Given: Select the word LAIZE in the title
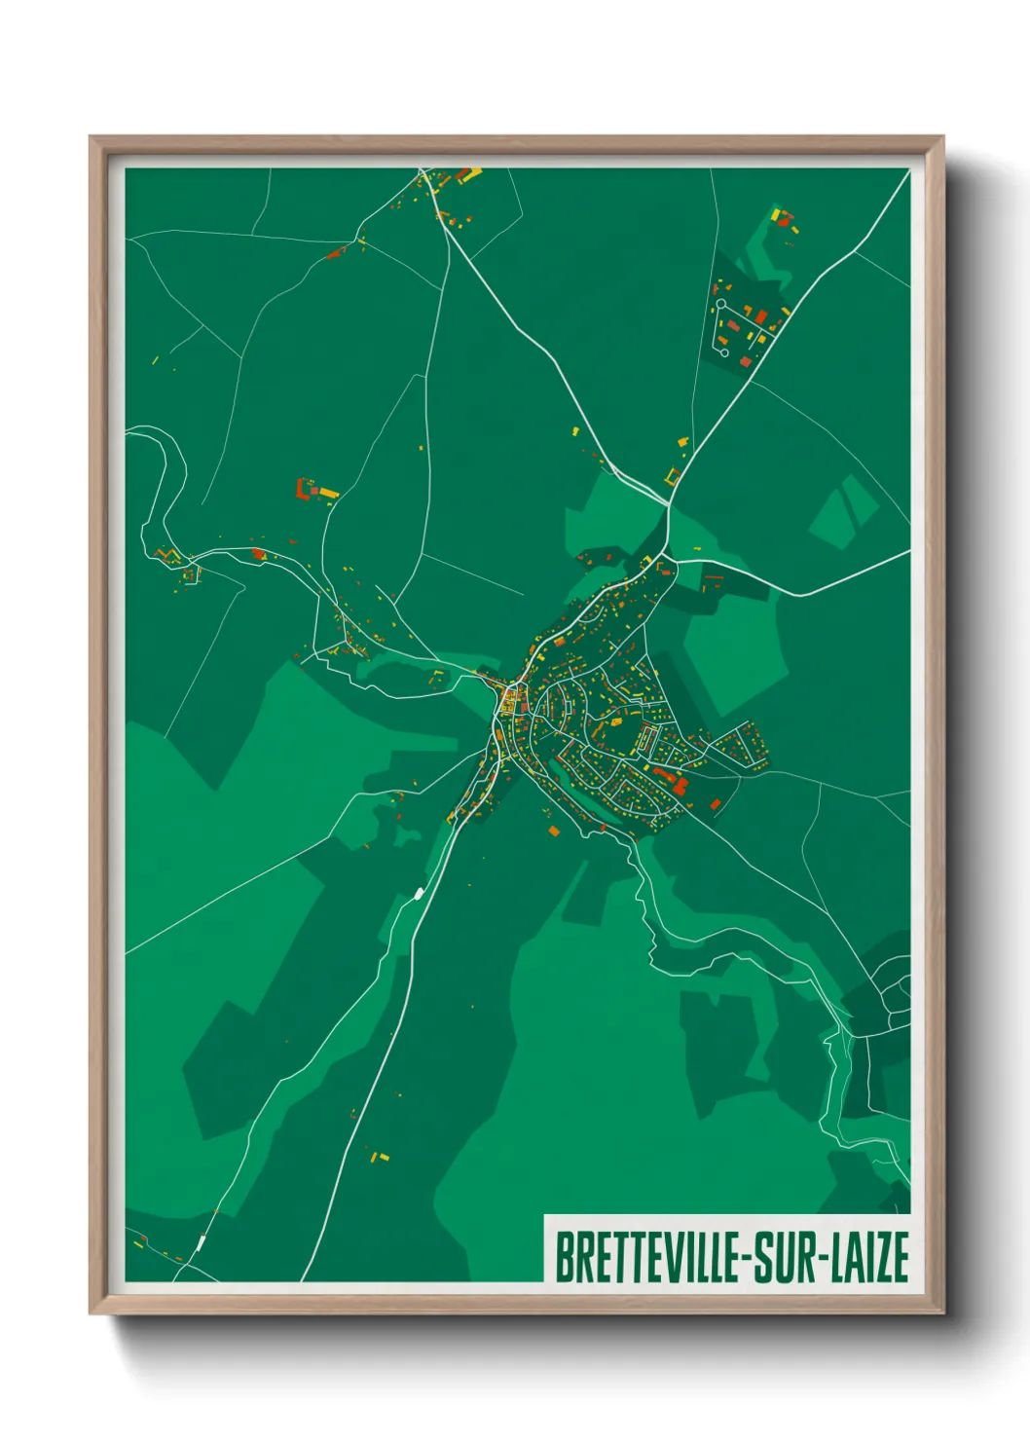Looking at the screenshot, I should (869, 1257).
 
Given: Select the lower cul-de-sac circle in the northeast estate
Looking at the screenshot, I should (725, 351).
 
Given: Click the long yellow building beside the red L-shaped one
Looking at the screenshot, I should (329, 494).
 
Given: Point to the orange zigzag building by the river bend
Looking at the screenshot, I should (167, 555).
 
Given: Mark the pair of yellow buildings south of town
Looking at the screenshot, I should (379, 1157).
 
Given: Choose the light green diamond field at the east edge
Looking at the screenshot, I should (843, 511).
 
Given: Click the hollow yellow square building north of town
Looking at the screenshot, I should (672, 476).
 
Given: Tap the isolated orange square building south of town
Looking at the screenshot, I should (553, 831).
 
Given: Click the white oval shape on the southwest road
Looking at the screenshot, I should (420, 892).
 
